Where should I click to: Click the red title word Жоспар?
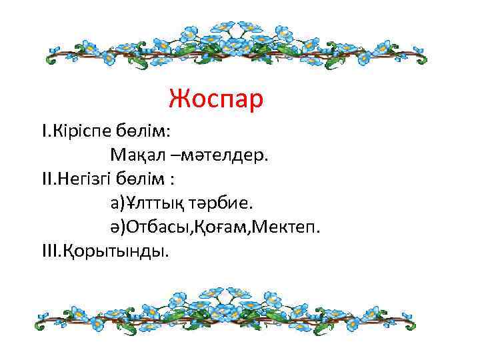click(x=216, y=99)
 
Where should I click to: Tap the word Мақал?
click(x=137, y=155)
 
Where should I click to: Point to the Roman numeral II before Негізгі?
click(x=47, y=179)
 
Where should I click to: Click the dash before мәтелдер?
click(x=173, y=156)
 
